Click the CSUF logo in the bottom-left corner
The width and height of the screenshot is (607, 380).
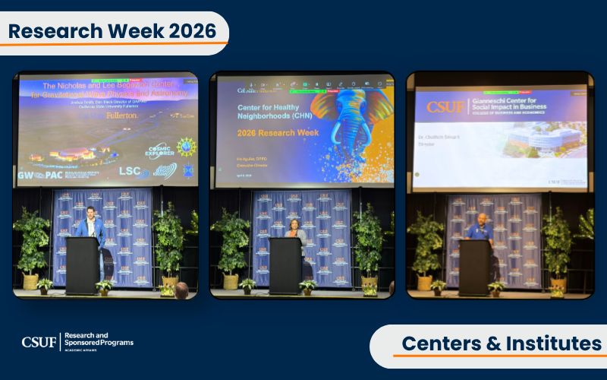(x=39, y=342)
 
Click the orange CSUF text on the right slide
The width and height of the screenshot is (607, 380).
(x=445, y=106)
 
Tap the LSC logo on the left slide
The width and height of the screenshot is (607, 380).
(x=131, y=172)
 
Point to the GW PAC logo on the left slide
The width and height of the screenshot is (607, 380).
(x=41, y=175)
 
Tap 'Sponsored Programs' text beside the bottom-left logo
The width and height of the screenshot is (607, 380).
(x=99, y=343)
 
